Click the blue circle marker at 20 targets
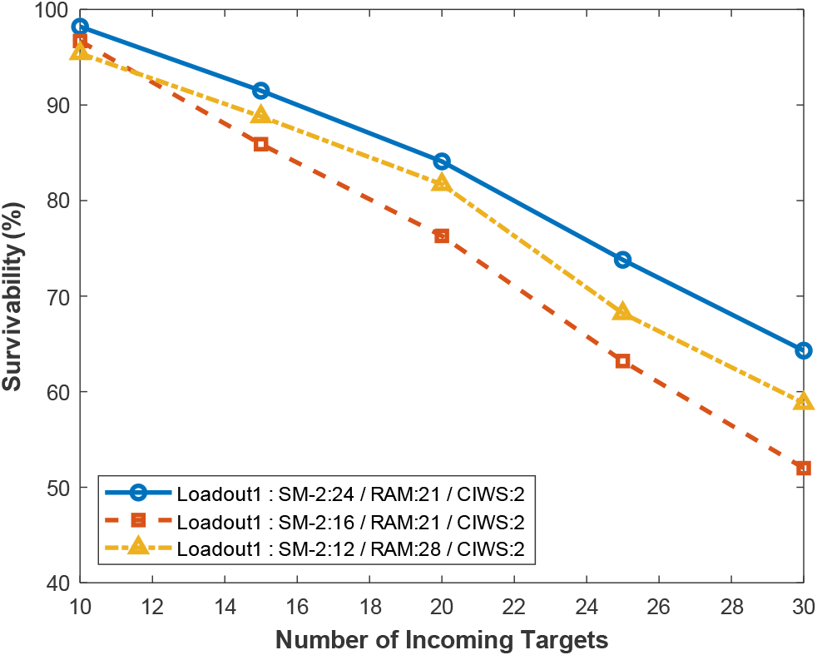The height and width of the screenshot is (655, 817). pos(442,161)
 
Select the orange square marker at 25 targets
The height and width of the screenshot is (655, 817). pos(622,360)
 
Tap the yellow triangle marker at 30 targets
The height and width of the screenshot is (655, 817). pos(803,402)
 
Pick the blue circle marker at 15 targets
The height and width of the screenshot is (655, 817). pos(260,90)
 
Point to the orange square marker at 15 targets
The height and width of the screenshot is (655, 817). pos(260,144)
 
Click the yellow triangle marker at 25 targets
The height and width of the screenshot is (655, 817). pos(622,312)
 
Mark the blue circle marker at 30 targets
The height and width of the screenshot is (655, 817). pos(803,350)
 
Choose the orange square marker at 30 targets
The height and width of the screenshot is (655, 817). pos(803,468)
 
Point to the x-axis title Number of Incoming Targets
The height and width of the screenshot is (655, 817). pos(442,640)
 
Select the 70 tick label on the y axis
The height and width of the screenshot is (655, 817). pos(57,296)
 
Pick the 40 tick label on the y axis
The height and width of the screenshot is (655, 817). pos(57,583)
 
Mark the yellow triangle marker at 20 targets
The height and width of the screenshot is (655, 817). pos(442,183)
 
